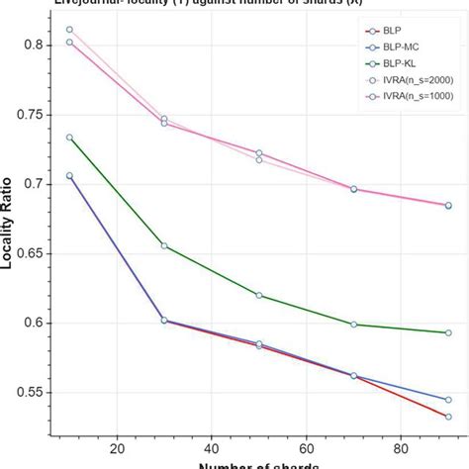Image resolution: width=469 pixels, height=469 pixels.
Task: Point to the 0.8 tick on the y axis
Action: point(37,46)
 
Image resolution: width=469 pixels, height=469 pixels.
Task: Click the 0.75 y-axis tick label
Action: point(35,115)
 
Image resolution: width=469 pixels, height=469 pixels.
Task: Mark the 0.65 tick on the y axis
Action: point(35,253)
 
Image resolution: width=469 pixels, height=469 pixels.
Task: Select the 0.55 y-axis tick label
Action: point(35,393)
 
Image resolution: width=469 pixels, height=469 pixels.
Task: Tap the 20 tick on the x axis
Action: point(118,444)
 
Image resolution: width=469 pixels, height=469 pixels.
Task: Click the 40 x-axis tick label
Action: point(212,444)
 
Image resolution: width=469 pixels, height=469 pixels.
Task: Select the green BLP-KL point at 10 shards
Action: point(69,138)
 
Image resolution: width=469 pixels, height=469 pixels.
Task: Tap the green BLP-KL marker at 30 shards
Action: point(164,245)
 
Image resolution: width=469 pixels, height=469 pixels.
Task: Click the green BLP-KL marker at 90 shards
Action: point(448,332)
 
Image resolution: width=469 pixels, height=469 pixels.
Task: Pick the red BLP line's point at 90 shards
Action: point(448,417)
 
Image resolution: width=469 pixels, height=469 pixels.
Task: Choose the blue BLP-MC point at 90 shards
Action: point(448,400)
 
